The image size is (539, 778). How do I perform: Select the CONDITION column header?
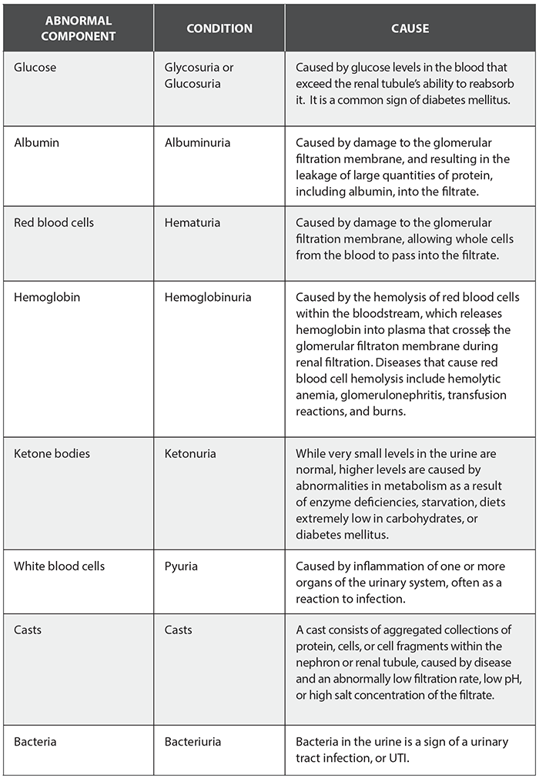219,28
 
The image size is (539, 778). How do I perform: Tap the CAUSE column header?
410,28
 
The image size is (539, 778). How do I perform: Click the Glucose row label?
35,68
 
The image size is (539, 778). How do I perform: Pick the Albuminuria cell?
197,143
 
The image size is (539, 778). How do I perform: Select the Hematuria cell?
192,223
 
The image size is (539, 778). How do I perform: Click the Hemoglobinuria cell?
208,297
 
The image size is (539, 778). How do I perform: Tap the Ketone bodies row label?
52,453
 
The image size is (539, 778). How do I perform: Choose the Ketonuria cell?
191,453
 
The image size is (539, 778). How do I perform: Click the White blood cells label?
59,566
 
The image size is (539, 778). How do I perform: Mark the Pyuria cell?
181,566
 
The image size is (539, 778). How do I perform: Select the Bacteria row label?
35,743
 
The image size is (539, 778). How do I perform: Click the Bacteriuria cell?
192,743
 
